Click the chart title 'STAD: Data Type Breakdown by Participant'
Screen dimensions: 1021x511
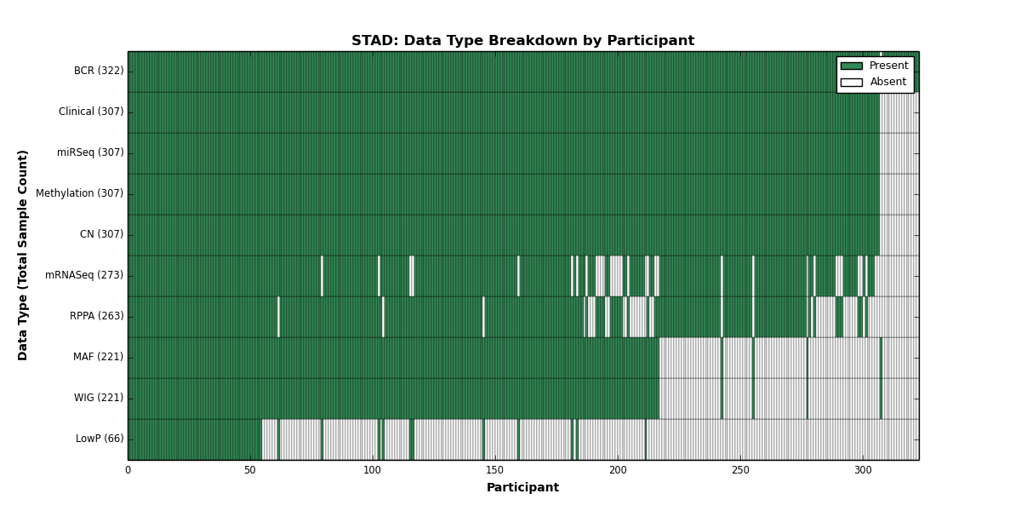coord(522,41)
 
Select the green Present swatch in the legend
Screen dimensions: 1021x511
coord(852,66)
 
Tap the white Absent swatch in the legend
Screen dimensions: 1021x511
coord(852,83)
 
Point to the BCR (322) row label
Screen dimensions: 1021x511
coord(99,71)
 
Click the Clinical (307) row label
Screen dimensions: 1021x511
coord(91,112)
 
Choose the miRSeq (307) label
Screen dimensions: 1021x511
coord(90,152)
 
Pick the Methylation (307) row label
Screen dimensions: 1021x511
coord(80,193)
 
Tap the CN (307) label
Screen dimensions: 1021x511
coord(101,234)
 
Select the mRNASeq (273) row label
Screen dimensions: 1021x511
coord(84,275)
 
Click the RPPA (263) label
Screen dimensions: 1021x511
coord(97,316)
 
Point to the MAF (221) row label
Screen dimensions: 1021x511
coord(99,357)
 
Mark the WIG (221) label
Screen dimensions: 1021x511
coord(99,398)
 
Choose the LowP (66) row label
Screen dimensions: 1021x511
coord(100,439)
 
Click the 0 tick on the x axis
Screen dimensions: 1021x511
coord(128,470)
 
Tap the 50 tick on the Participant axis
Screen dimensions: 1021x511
coord(250,470)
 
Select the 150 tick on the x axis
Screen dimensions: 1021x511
coord(495,470)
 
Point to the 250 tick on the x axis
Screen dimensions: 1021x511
coord(740,470)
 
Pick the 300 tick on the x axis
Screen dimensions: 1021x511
coord(863,470)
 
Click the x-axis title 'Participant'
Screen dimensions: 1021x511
coord(522,488)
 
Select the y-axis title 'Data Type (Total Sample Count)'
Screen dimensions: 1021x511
coord(22,255)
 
